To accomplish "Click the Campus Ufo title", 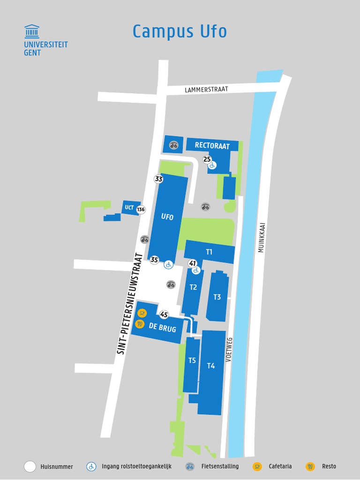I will pos(180,31).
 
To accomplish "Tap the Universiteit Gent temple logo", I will pos(32,31).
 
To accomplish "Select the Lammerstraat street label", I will pos(206,89).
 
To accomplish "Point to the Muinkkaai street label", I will pos(261,237).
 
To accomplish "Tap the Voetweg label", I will pos(229,349).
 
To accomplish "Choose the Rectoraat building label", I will pos(212,146).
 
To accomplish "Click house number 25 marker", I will pos(207,159).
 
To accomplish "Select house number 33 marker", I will pos(158,179).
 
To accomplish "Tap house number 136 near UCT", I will pos(141,210).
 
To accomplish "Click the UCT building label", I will pos(129,208).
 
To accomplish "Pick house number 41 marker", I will pos(192,263).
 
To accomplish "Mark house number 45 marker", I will pos(164,315).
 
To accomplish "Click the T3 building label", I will pos(217,297).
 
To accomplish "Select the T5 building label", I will pos(192,360).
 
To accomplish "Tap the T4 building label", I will pos(211,366).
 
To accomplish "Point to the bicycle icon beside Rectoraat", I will pos(174,145).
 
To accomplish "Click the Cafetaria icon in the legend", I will pos(257,466).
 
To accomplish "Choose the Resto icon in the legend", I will pos(310,466).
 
